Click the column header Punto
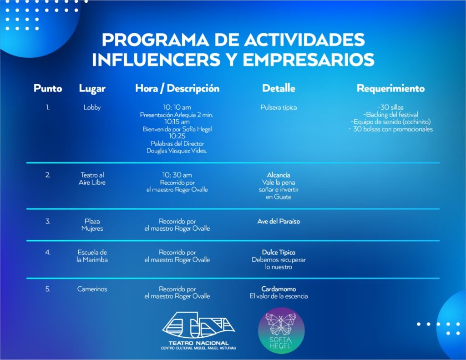coord(48,88)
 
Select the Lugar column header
coord(92,89)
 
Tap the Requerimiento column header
coord(390,88)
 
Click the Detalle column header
coord(279,88)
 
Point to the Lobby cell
coord(92,107)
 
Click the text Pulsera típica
coord(279,107)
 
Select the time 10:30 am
coord(177,175)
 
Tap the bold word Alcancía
coord(279,175)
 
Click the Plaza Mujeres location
coord(92,225)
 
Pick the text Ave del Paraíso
coord(279,221)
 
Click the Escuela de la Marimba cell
coord(92,256)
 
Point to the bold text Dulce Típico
coord(279,253)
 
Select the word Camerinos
coord(92,289)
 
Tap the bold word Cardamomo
coord(279,289)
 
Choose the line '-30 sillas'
coord(390,107)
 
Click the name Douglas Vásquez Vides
coord(177,151)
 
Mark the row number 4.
coord(48,253)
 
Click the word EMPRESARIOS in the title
coord(309,60)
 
